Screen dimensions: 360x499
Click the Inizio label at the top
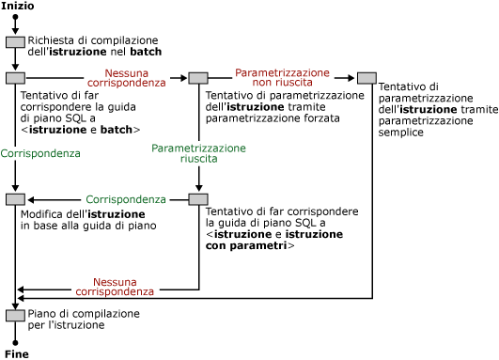18,6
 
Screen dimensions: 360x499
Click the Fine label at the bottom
16,354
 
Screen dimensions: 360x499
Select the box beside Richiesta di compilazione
15,42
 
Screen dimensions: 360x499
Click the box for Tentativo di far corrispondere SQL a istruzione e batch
15,78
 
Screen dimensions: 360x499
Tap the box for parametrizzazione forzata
198,78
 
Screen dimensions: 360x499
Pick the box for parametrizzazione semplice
367,78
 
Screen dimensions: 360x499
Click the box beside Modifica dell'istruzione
15,199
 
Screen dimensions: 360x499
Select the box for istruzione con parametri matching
198,199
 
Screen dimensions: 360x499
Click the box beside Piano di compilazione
15,315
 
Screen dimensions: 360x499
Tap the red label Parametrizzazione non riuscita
282,77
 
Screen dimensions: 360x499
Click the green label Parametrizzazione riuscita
198,153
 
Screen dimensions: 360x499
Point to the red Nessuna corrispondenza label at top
126,77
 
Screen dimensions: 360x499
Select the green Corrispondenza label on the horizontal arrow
126,199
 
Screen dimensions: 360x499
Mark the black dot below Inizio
15,18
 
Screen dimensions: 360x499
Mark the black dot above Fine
15,342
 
